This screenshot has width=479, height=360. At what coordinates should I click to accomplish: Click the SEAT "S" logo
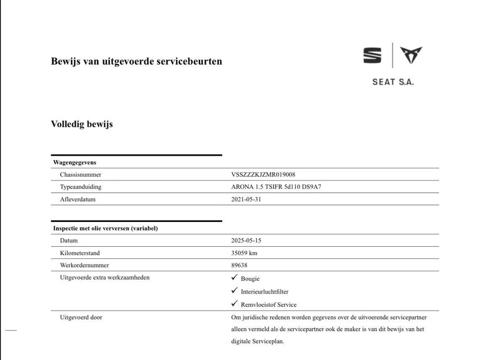point(372,56)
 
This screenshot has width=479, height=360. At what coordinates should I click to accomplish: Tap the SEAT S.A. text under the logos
point(393,82)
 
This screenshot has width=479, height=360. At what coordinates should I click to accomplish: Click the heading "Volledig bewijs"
point(82,124)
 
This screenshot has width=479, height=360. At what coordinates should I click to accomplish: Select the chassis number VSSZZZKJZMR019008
point(263,175)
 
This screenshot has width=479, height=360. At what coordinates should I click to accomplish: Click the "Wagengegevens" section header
point(75,162)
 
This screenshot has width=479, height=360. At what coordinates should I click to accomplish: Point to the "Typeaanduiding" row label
point(80,187)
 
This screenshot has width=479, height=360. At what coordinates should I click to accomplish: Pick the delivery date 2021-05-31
point(246,199)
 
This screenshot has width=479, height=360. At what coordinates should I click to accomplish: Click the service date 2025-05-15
point(246,241)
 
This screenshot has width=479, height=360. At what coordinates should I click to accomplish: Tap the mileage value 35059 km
point(244,253)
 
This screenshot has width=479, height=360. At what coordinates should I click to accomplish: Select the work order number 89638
point(239,265)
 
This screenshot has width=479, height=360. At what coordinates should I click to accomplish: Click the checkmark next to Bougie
point(234,278)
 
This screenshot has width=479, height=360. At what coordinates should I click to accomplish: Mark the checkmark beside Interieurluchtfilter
point(234,291)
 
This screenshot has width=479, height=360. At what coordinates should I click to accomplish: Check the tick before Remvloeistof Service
point(234,304)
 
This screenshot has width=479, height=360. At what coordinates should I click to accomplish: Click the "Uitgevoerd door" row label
point(81,317)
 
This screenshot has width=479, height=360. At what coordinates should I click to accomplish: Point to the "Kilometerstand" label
point(80,253)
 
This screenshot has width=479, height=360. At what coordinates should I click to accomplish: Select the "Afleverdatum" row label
point(78,199)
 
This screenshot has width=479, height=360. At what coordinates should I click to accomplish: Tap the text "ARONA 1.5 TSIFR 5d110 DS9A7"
point(276,187)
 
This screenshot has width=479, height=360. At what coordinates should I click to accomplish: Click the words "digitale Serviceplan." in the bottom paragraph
point(258,341)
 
